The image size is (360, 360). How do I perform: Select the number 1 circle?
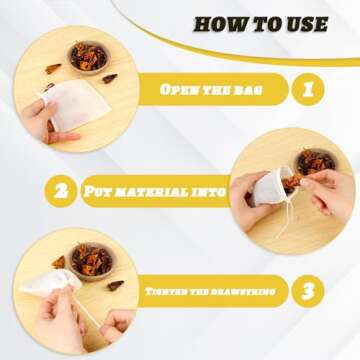307,90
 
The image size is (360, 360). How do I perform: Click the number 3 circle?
307,291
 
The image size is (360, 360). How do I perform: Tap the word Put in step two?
103,191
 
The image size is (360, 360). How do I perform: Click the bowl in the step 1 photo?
88,56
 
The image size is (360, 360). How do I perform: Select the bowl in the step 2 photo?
316,160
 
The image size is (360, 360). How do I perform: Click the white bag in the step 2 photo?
273,185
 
